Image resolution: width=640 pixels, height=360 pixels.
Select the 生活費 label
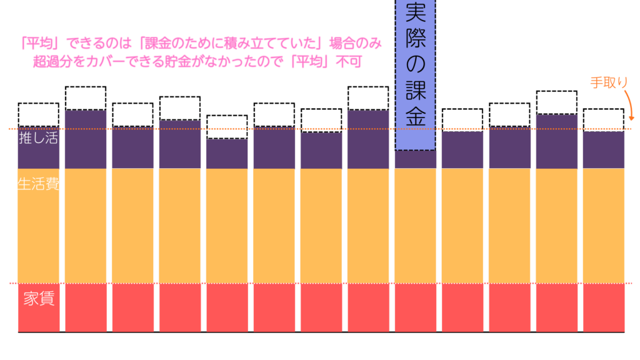click(x=38, y=186)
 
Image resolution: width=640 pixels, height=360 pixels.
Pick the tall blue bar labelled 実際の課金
click(x=415, y=75)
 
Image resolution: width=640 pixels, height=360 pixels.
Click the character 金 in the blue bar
click(x=415, y=116)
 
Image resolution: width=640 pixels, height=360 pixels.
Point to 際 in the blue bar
click(x=415, y=37)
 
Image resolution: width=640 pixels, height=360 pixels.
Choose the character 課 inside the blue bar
click(x=415, y=90)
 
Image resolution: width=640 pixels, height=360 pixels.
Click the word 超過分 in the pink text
click(x=57, y=61)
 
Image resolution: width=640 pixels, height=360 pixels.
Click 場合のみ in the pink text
click(x=356, y=44)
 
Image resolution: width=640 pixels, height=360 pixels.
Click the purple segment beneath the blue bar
click(x=415, y=159)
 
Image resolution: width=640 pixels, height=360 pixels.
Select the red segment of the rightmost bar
click(x=604, y=307)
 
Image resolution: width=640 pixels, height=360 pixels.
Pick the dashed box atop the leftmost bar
click(x=38, y=114)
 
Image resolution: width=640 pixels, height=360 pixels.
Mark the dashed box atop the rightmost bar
click(x=604, y=119)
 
